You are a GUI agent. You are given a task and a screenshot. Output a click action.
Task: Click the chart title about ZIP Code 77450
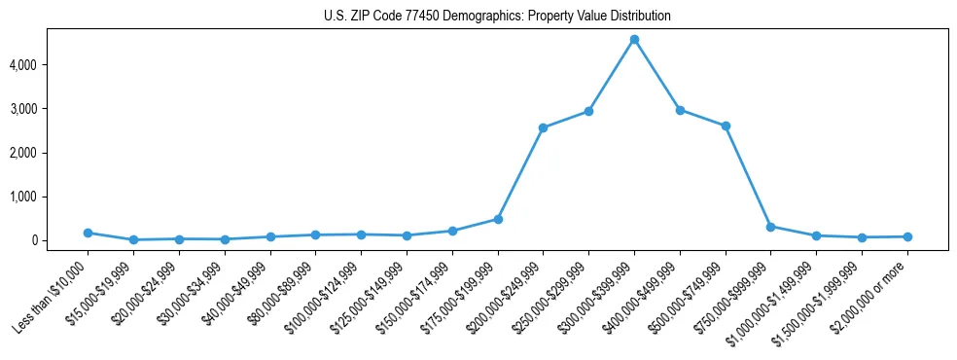[x=497, y=17]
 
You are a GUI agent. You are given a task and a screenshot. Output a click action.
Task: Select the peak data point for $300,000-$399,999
[x=634, y=40]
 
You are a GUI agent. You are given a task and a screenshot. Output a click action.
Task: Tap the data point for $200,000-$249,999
[x=543, y=127]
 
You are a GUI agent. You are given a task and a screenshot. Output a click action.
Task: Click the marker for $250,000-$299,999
[x=588, y=111]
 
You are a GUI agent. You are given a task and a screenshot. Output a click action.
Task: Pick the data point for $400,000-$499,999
[x=680, y=110]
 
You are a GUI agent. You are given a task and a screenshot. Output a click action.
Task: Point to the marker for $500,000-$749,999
[x=726, y=126]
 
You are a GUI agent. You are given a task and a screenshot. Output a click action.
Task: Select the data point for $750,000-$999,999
[x=770, y=227]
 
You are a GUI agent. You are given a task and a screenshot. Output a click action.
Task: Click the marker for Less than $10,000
[x=88, y=233]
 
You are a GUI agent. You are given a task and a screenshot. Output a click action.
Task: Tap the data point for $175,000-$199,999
[x=498, y=219]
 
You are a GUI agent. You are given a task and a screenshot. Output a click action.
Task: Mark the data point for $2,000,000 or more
[x=907, y=236]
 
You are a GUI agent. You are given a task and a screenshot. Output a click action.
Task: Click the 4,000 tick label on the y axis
[x=49, y=65]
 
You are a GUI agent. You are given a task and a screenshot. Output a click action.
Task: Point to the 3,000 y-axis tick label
[x=49, y=109]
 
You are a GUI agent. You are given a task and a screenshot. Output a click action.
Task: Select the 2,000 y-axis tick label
[x=49, y=153]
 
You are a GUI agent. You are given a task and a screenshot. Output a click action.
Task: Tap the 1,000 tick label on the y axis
[x=49, y=197]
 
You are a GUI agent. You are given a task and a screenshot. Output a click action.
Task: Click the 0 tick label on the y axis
[x=60, y=240]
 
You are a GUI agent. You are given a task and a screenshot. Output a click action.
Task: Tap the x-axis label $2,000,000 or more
[x=870, y=292]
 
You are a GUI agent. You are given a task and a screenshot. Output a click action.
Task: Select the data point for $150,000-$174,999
[x=452, y=231]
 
